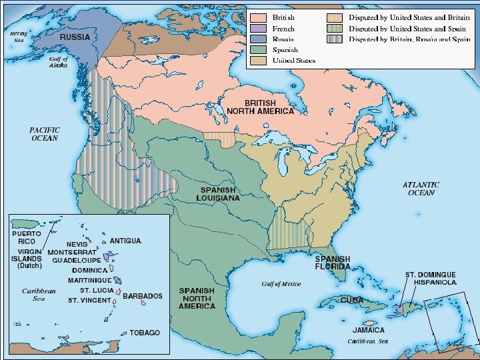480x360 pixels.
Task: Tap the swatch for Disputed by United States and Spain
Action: point(335,29)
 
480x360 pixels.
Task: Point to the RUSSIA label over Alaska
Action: point(75,37)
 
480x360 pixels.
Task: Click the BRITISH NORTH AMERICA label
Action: point(260,107)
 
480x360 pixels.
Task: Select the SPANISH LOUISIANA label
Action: point(220,194)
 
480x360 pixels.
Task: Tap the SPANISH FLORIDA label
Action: point(332,263)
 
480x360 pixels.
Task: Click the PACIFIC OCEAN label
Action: point(45,134)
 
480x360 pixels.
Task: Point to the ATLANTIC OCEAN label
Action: point(421,188)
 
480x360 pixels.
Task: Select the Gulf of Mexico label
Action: point(281,284)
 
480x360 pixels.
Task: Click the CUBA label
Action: point(352,300)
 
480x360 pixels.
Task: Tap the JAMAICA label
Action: point(368,330)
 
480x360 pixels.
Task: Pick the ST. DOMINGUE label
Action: point(431,274)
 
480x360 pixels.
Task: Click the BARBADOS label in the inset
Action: point(142,296)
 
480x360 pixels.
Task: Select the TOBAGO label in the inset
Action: point(145,333)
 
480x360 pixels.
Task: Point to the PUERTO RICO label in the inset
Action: point(26,237)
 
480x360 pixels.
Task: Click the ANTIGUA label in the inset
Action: point(125,240)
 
